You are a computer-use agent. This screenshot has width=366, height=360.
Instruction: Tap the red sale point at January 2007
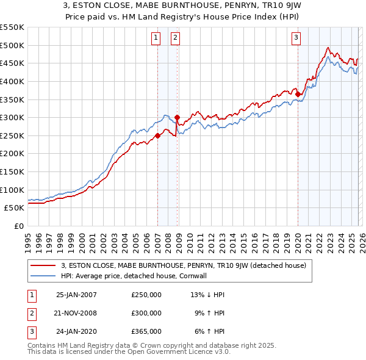(157, 135)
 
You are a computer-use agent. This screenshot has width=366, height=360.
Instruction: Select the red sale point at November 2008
(177, 117)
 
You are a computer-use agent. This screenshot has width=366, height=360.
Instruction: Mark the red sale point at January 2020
(298, 94)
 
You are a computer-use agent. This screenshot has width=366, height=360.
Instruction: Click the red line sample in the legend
(43, 265)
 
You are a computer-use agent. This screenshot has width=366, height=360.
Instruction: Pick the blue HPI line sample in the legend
(43, 276)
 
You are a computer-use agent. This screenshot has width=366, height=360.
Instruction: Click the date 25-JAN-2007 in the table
(76, 294)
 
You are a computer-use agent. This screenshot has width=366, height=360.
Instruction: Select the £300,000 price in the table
(146, 312)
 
